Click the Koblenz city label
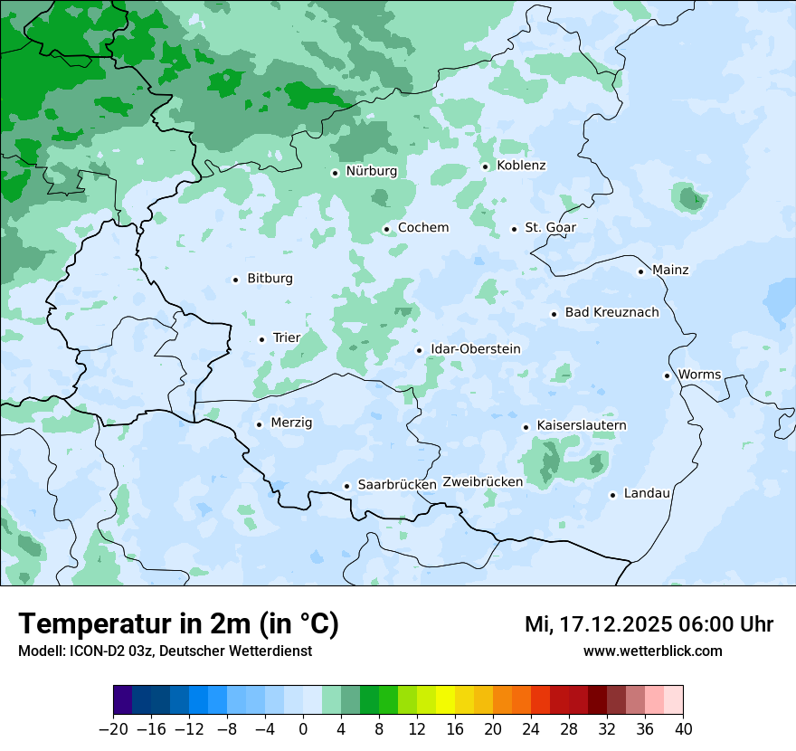click(x=521, y=166)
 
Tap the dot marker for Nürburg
click(x=335, y=172)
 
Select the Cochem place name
click(x=422, y=228)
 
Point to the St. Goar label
click(x=550, y=228)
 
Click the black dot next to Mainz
click(x=640, y=271)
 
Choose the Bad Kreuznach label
click(x=611, y=313)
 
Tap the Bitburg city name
click(x=270, y=279)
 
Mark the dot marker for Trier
click(x=261, y=339)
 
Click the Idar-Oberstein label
click(x=475, y=349)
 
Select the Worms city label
click(x=699, y=375)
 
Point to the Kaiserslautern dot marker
click(x=526, y=426)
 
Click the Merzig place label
click(x=291, y=423)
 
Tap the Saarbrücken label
click(x=397, y=485)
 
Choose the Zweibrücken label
click(x=482, y=482)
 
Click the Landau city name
click(x=647, y=494)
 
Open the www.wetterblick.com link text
click(x=652, y=651)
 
